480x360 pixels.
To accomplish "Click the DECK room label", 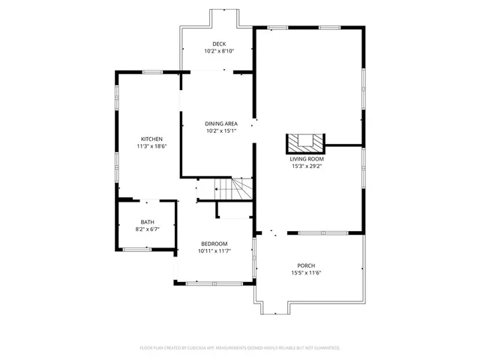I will [218, 43].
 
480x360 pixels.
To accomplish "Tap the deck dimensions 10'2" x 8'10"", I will [218, 51].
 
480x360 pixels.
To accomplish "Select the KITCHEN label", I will [151, 139].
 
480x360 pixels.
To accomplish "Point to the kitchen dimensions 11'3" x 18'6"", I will [151, 146].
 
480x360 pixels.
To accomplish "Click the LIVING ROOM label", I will [307, 159].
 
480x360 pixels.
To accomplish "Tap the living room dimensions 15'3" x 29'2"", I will [307, 166].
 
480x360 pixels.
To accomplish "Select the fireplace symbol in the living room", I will [305, 142].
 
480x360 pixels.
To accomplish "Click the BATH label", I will [147, 222].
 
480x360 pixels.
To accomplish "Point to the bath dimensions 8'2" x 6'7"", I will [147, 229].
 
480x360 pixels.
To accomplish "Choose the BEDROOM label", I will [214, 244].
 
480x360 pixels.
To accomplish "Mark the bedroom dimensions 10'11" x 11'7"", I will [214, 251].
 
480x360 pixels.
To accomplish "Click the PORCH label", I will [306, 265].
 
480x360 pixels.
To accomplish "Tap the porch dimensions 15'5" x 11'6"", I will [306, 273].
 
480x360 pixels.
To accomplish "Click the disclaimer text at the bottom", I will [240, 348].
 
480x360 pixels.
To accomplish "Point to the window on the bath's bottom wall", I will [136, 248].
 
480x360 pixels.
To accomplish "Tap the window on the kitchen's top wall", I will [153, 72].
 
